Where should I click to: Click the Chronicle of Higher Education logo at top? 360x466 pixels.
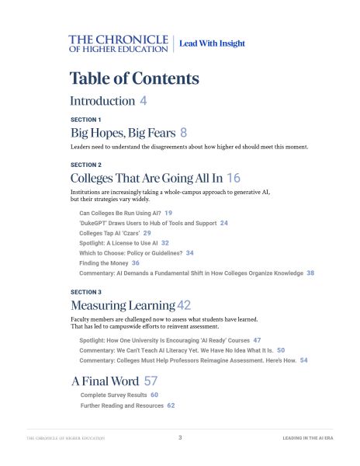[118, 43]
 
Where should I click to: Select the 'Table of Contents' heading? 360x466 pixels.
[134, 78]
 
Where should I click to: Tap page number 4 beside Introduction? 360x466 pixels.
[144, 101]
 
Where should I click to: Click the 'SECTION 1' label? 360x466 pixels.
[85, 120]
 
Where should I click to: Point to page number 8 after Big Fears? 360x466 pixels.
[183, 133]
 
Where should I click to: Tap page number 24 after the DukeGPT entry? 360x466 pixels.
[223, 222]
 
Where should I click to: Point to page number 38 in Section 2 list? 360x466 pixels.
[310, 273]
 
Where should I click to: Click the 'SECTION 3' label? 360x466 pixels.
[85, 291]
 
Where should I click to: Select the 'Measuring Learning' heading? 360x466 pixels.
[123, 305]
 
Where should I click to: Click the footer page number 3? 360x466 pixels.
[180, 438]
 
